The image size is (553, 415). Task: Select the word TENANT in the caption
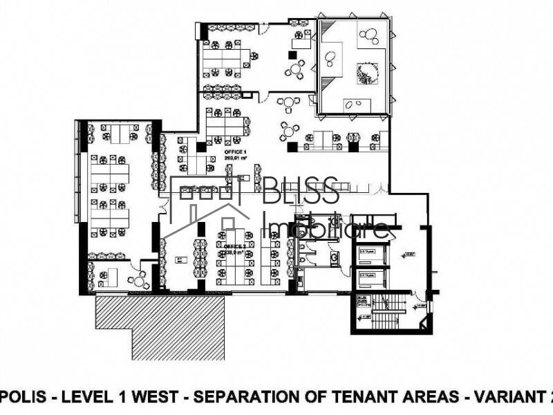[x=371, y=397]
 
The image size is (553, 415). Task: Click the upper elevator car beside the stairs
[x=371, y=260]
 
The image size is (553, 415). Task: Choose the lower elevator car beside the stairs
[x=371, y=281]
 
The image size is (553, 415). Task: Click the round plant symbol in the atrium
[x=368, y=71]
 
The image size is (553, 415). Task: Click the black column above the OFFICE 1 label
[x=201, y=147]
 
